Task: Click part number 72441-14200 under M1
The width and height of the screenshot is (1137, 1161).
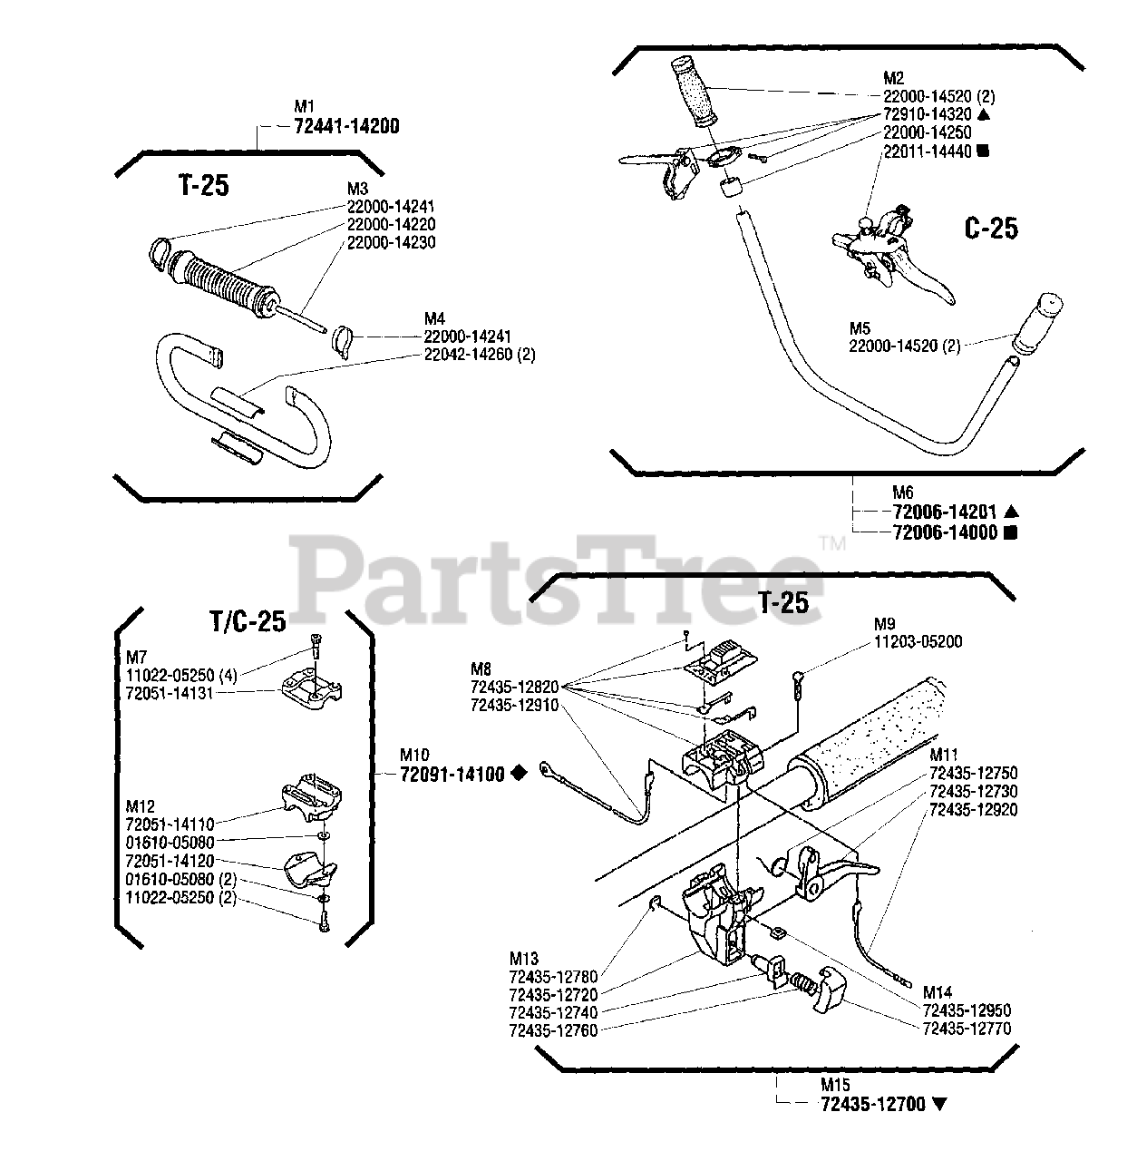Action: pos(346,127)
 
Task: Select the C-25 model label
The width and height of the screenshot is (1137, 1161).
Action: pos(990,228)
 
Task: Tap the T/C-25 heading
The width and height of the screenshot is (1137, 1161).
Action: pos(248,621)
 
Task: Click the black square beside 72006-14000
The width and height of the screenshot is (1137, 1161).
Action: pos(1011,532)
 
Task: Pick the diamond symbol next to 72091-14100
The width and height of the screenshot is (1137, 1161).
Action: pos(518,774)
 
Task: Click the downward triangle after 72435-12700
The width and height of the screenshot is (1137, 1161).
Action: pos(938,1105)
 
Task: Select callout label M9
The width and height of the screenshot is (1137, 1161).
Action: pos(884,624)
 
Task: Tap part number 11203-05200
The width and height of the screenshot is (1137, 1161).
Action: pos(918,641)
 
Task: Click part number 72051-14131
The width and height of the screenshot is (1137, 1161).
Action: pos(170,692)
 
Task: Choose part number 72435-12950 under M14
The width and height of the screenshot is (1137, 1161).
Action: pos(967,1010)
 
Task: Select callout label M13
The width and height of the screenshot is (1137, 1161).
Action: pos(523,959)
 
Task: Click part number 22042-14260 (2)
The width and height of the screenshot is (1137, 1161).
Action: pos(480,355)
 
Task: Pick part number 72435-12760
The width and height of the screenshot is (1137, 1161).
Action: pos(553,1030)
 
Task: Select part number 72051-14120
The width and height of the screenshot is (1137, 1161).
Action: pos(170,860)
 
